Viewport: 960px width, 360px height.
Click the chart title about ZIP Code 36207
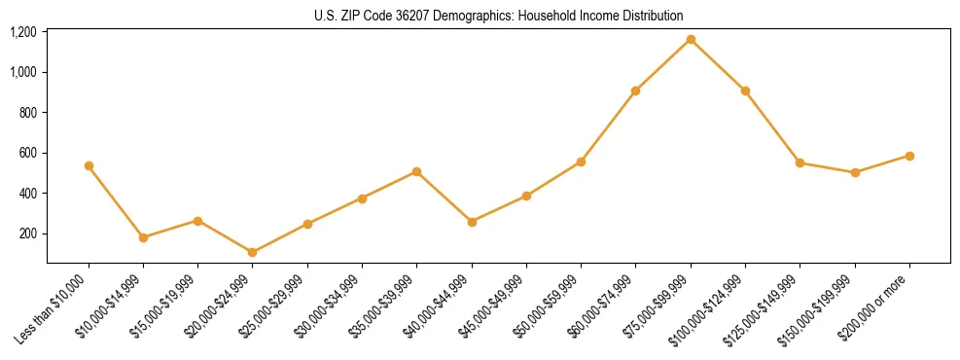click(x=498, y=16)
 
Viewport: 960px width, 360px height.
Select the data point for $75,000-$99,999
click(x=691, y=39)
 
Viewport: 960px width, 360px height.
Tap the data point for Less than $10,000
click(x=89, y=165)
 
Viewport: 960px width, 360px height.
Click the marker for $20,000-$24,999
click(x=253, y=252)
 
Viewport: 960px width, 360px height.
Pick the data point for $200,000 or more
click(x=909, y=156)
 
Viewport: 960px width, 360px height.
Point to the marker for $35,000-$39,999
click(x=416, y=171)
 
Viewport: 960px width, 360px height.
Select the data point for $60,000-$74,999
click(x=635, y=90)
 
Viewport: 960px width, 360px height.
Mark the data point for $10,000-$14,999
click(x=143, y=237)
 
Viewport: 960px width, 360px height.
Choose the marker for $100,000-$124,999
click(x=745, y=90)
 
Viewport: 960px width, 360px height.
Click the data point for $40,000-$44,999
click(x=472, y=222)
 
